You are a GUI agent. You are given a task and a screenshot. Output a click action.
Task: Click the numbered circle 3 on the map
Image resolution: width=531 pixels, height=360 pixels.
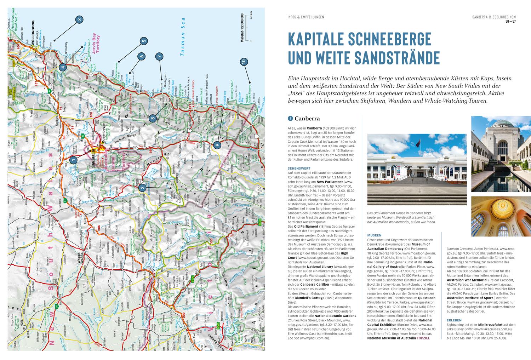[80, 20]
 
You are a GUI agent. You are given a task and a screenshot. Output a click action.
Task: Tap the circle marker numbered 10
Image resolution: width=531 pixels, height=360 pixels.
[244, 62]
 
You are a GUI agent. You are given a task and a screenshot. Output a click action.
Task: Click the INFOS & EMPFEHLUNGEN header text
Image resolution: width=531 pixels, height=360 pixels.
[306, 17]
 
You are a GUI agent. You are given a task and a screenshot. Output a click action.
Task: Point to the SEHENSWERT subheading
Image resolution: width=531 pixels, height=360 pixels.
[298, 168]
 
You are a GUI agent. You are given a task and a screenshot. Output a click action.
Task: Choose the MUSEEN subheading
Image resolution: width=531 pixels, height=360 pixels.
[374, 235]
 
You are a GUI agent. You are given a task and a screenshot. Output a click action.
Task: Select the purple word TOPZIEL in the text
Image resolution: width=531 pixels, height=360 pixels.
[423, 338]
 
